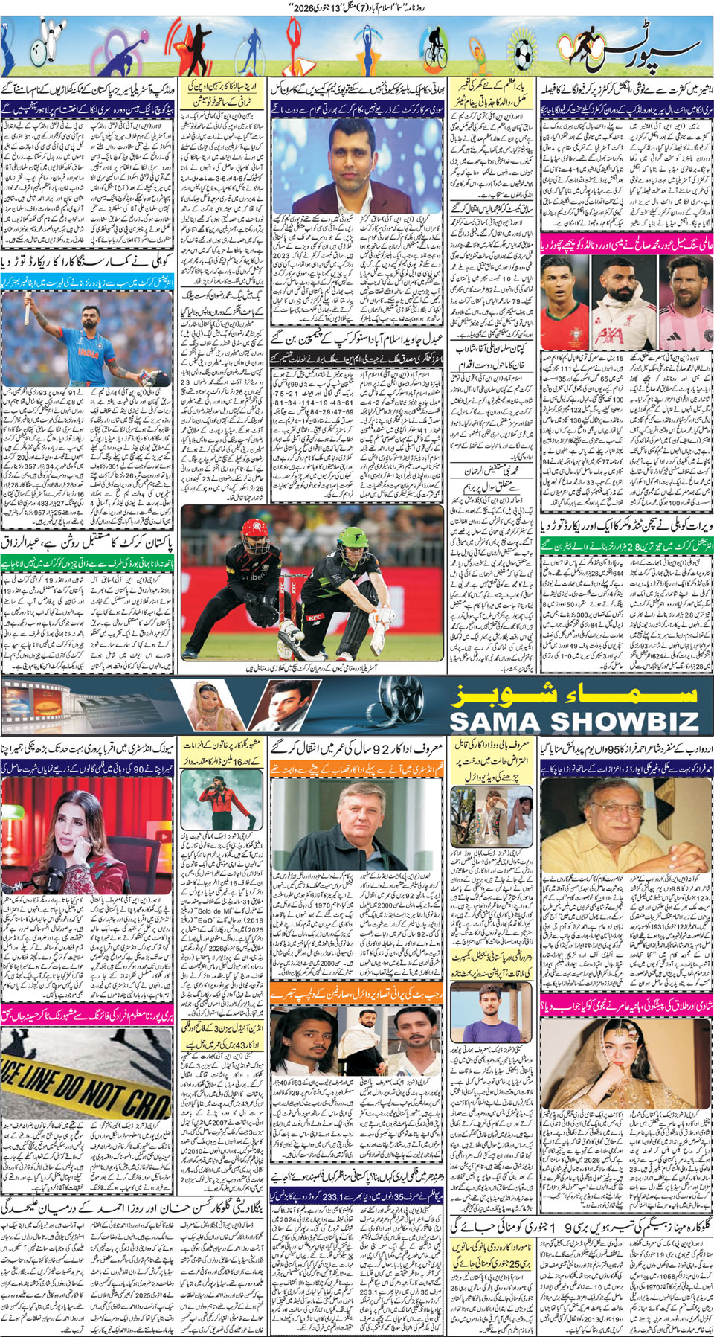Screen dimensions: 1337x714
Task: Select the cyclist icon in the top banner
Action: pos(434,48)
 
